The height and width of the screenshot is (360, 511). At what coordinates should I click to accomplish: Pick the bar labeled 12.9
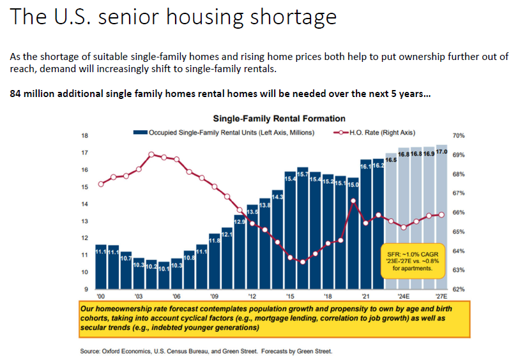coord(240,253)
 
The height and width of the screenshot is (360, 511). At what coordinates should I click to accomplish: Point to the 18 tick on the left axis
coord(84,136)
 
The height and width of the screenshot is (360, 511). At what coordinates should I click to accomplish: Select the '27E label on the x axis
coord(441,297)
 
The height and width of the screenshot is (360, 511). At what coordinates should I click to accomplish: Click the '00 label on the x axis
coord(100,297)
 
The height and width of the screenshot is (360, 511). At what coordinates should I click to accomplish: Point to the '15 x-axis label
coord(290,297)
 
